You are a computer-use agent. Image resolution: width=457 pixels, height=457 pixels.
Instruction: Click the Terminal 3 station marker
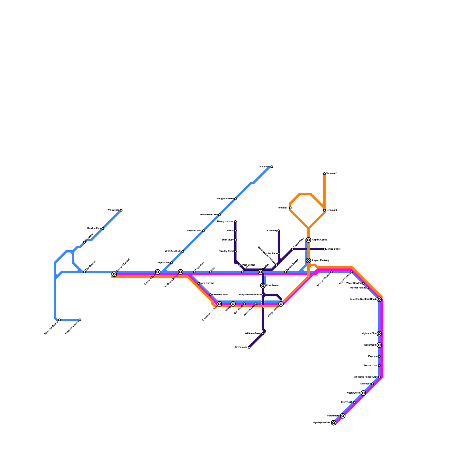(324, 174)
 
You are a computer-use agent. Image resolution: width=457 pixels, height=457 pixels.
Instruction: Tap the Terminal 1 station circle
(290, 208)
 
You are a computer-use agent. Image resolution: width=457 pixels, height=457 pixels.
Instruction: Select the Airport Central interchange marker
(308, 240)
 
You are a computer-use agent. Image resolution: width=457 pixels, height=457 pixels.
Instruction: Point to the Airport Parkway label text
(320, 260)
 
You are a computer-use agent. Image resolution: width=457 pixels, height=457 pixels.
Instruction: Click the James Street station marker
(324, 249)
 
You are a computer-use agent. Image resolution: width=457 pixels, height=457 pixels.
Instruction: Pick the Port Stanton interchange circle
(263, 286)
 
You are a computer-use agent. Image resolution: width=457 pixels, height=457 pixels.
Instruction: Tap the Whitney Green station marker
(263, 334)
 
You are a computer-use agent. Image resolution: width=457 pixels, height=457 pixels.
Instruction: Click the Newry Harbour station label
(225, 222)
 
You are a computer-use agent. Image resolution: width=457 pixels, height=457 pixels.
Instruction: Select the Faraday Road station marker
(235, 251)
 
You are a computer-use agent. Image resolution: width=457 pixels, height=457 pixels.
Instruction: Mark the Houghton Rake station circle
(235, 199)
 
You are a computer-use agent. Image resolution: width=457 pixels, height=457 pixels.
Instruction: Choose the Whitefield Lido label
(173, 251)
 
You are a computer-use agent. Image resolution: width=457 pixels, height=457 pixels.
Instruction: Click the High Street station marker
(171, 263)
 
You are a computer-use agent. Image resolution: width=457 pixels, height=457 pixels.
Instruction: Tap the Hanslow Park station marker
(103, 228)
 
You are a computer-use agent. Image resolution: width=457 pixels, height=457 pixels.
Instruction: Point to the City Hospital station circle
(85, 272)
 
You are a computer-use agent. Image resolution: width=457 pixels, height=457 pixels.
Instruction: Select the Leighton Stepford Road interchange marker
(379, 299)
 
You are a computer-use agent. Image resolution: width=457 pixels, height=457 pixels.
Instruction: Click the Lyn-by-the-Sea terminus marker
(334, 423)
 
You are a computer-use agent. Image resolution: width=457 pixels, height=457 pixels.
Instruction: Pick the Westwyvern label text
(353, 393)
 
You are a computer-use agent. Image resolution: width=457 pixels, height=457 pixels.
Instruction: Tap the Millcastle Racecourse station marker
(379, 377)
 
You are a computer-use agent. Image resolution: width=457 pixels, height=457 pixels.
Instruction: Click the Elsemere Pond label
(220, 294)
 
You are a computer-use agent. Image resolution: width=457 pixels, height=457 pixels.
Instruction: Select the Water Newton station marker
(363, 283)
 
